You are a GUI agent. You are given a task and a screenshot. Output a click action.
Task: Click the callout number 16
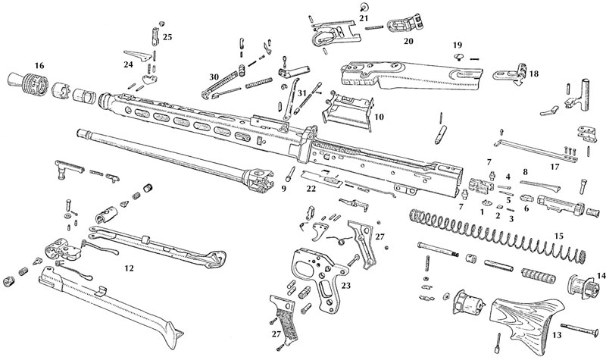(x=39, y=67)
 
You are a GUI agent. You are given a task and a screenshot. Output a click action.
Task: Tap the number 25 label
(x=167, y=36)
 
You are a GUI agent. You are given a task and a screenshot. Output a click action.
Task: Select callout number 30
(x=214, y=76)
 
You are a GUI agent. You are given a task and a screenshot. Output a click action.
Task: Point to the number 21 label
(x=364, y=17)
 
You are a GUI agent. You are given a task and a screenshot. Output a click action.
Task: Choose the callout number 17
(x=556, y=166)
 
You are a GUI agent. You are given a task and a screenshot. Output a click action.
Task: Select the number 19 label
(x=458, y=45)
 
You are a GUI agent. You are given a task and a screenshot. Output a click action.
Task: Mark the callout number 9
(x=286, y=189)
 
